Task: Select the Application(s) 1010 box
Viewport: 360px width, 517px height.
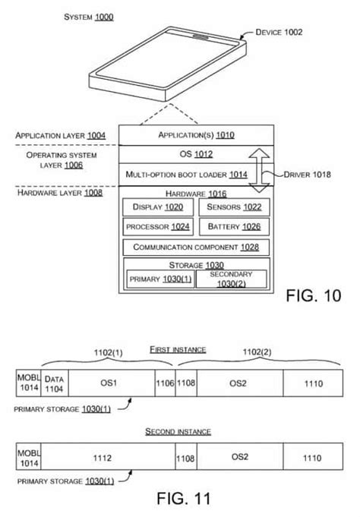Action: tap(196, 135)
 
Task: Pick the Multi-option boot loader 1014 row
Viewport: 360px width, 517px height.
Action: tap(187, 175)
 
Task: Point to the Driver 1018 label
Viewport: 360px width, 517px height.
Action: tap(308, 175)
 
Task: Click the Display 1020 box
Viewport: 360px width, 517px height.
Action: tap(157, 206)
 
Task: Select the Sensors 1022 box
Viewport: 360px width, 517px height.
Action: tap(232, 206)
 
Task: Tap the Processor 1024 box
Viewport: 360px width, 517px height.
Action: tap(157, 226)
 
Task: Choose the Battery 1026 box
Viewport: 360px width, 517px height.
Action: tap(232, 226)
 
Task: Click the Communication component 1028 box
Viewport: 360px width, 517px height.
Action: tap(195, 247)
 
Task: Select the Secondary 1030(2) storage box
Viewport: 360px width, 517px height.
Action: tap(232, 279)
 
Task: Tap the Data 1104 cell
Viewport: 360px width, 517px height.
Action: tap(55, 383)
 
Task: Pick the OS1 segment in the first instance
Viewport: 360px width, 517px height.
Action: tap(111, 383)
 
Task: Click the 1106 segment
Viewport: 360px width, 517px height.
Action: tap(165, 383)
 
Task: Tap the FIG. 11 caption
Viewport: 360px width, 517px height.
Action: tap(179, 500)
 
